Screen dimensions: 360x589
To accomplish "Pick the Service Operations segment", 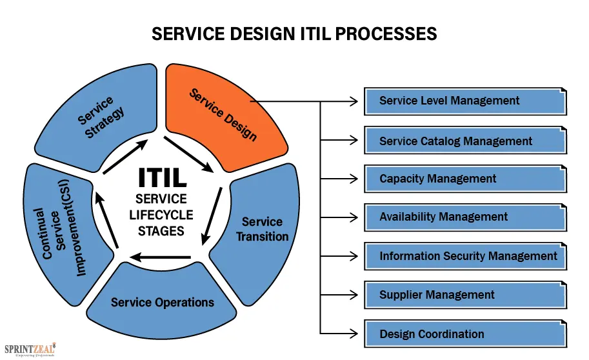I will [x=162, y=302].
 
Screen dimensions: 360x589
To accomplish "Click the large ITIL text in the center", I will [x=162, y=177].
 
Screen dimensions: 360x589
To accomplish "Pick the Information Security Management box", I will [x=464, y=256].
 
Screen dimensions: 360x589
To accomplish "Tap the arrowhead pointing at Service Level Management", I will [x=353, y=101].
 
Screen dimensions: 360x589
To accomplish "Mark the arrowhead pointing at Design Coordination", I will [x=353, y=334].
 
